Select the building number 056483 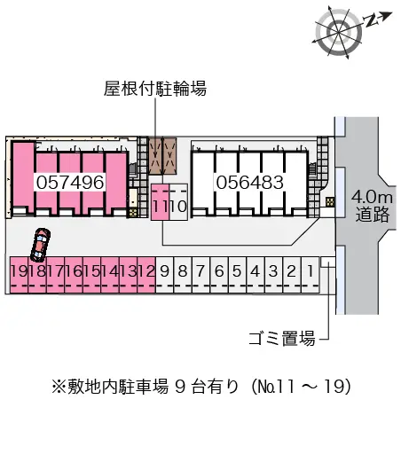click(x=248, y=182)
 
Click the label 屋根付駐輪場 click(x=155, y=90)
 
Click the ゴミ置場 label click(x=281, y=338)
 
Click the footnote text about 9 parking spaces click(x=200, y=386)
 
